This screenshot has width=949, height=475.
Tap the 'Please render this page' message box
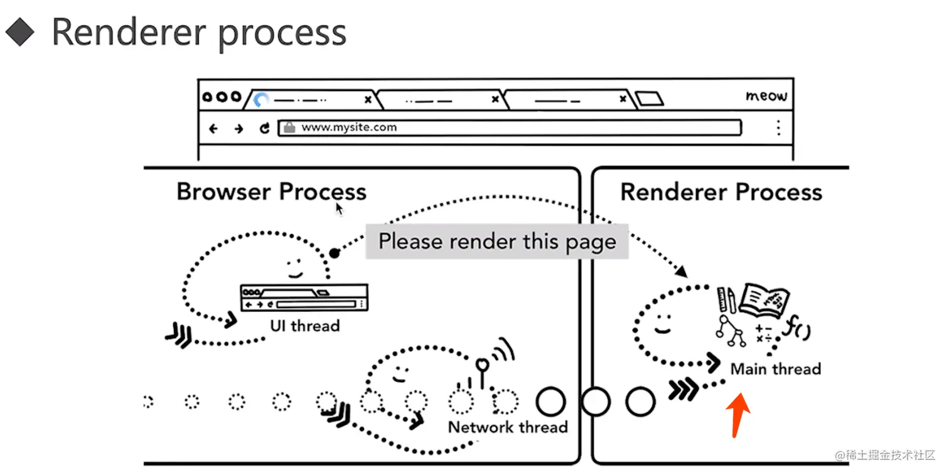[497, 242]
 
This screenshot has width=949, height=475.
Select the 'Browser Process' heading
[271, 191]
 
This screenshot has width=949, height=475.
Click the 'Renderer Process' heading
[721, 192]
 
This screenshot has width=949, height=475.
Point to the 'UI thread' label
[305, 326]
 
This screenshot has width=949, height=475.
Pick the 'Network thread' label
[508, 427]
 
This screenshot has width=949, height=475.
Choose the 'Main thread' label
[776, 369]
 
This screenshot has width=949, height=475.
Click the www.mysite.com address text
[349, 127]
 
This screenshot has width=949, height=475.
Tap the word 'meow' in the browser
[766, 96]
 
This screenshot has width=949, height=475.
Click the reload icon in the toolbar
[265, 128]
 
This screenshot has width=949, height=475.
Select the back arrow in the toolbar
[213, 129]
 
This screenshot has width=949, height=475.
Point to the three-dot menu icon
[778, 128]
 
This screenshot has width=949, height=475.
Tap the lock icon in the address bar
[289, 127]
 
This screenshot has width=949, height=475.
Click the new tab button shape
[649, 99]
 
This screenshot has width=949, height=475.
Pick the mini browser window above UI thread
[304, 297]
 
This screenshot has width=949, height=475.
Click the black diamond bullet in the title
[21, 31]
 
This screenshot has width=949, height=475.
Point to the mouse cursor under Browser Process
[339, 208]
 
